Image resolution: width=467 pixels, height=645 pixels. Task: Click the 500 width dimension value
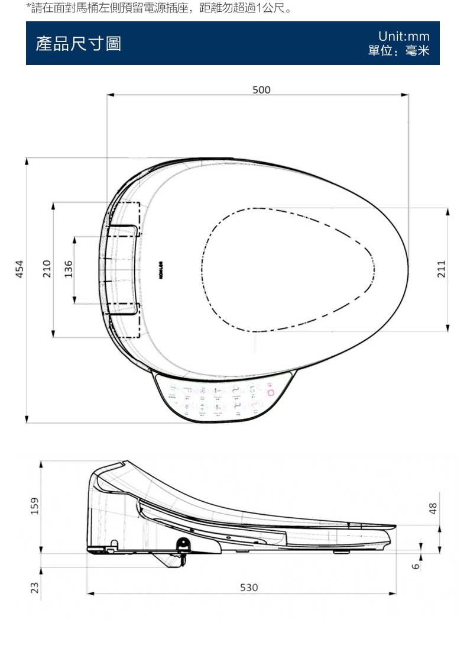point(261,89)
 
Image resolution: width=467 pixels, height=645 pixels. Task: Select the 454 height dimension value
point(20,268)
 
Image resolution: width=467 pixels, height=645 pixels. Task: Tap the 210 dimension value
point(47,268)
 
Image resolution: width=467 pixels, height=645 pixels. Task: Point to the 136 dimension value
point(68,268)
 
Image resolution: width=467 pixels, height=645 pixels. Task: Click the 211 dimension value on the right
point(441,268)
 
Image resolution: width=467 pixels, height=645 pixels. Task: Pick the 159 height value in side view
point(35,505)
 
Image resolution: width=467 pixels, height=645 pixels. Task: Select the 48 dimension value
point(433,508)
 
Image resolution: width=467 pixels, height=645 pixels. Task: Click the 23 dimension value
point(35,587)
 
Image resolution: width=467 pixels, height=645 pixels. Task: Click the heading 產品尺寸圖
point(79,44)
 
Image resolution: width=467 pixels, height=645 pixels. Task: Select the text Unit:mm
point(404,37)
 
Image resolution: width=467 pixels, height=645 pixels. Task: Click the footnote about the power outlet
point(159,8)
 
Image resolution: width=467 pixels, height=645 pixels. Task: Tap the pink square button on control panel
point(271,393)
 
